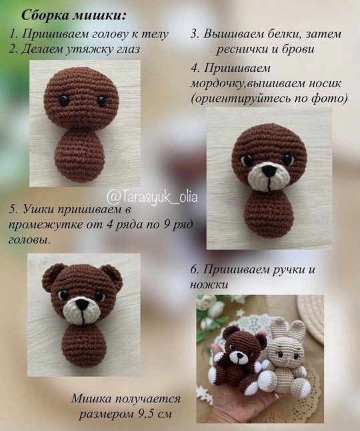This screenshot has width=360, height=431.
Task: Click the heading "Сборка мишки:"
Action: (x=73, y=15)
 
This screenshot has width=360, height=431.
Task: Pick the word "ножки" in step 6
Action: (x=209, y=284)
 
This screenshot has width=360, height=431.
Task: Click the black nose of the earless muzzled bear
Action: (x=269, y=171)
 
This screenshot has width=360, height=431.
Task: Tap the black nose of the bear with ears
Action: (x=82, y=304)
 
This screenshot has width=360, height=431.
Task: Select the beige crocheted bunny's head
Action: (x=286, y=350)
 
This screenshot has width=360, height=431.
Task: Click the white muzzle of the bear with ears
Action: (x=81, y=310)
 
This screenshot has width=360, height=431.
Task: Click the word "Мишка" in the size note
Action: (x=91, y=399)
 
